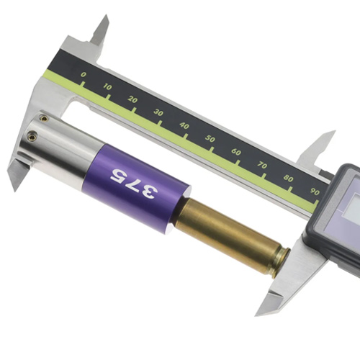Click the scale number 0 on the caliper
tap(83, 75)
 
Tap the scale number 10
tap(107, 87)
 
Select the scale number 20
tap(132, 99)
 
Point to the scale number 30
tap(158, 112)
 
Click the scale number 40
tap(184, 125)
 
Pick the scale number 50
tap(210, 138)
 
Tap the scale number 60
tap(236, 152)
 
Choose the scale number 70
tap(262, 165)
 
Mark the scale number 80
tap(288, 179)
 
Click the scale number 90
tap(315, 192)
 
